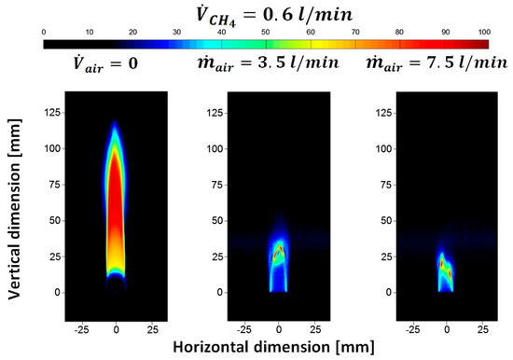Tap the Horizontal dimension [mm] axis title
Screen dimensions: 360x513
tap(270, 346)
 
